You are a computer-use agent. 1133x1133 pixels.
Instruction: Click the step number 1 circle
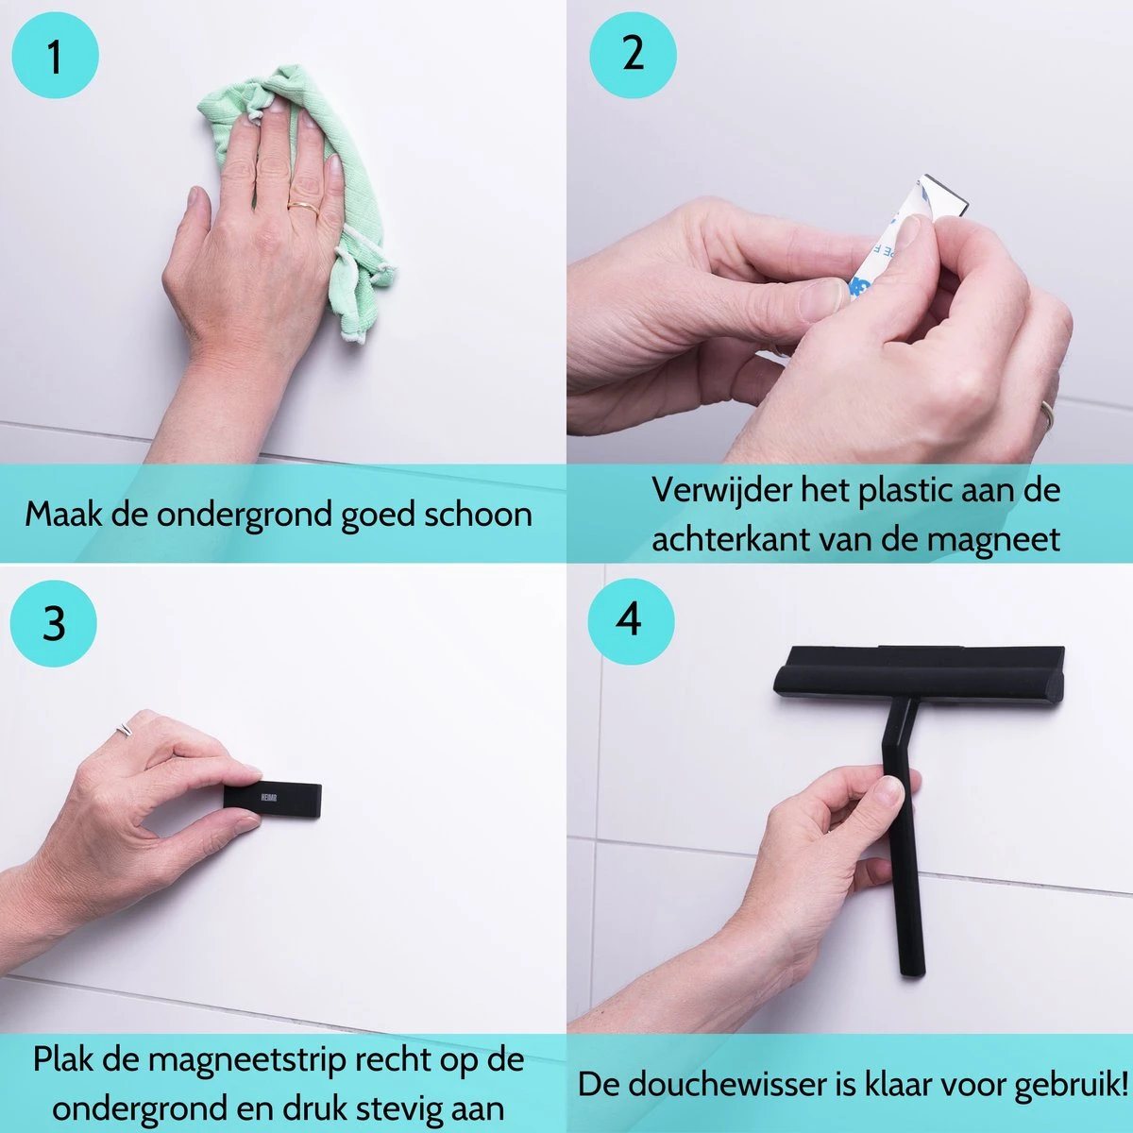coord(55,55)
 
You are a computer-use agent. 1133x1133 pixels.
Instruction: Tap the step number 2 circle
coord(633,53)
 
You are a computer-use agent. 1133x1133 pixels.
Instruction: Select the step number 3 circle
coord(54,623)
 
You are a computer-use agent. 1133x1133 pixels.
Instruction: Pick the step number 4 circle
coord(631,620)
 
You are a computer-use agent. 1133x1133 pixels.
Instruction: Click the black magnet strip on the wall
coord(273,799)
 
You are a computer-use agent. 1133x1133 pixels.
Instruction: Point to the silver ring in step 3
coord(125,729)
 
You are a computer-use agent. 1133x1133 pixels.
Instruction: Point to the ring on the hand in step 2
coord(1047,414)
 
